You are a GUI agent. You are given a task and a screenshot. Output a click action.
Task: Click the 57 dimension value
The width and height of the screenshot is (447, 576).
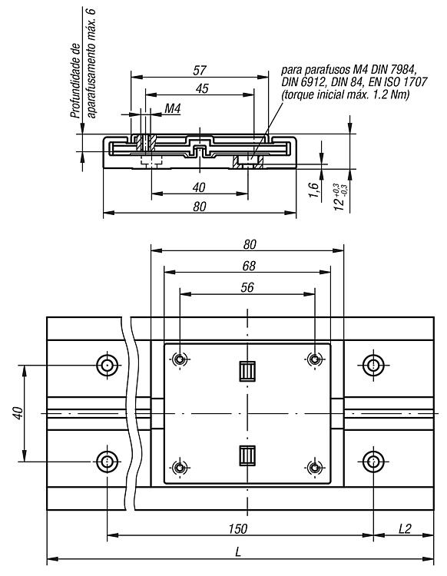pyautogui.click(x=200, y=70)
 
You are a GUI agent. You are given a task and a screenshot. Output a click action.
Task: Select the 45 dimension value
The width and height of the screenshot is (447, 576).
pyautogui.click(x=202, y=88)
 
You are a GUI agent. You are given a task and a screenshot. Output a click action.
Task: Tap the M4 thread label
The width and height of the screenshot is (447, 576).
pyautogui.click(x=173, y=108)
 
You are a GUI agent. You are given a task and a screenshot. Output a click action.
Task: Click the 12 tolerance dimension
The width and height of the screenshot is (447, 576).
pyautogui.click(x=340, y=197)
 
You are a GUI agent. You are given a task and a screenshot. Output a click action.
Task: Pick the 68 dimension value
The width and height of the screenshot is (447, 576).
pyautogui.click(x=249, y=266)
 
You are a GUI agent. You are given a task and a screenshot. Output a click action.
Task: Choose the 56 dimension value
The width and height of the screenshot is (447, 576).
pyautogui.click(x=247, y=287)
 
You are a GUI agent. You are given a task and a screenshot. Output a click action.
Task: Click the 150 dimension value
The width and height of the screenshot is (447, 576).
pyautogui.click(x=238, y=528)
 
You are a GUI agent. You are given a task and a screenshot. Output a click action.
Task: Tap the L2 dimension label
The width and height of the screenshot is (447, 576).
pyautogui.click(x=405, y=528)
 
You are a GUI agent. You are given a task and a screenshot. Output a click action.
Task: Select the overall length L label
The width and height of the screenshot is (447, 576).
pyautogui.click(x=238, y=551)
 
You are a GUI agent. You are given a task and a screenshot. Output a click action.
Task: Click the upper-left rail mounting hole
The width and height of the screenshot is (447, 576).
pyautogui.click(x=108, y=365)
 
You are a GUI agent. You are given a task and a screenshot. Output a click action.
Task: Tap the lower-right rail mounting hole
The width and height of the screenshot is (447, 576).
pyautogui.click(x=373, y=462)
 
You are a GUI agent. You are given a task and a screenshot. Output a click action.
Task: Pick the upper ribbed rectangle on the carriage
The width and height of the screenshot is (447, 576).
pyautogui.click(x=247, y=371)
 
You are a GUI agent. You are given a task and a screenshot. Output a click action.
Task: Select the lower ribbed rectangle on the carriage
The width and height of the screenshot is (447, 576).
pyautogui.click(x=247, y=455)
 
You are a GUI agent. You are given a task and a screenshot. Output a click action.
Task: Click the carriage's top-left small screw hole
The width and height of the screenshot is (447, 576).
pyautogui.click(x=180, y=359)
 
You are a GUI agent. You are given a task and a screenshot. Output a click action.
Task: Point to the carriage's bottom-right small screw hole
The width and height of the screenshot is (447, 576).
pyautogui.click(x=314, y=468)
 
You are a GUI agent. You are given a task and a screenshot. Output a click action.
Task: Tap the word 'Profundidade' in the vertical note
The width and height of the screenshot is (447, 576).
pyautogui.click(x=75, y=81)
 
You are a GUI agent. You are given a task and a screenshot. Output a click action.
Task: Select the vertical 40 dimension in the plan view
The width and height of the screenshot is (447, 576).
pyautogui.click(x=18, y=413)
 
